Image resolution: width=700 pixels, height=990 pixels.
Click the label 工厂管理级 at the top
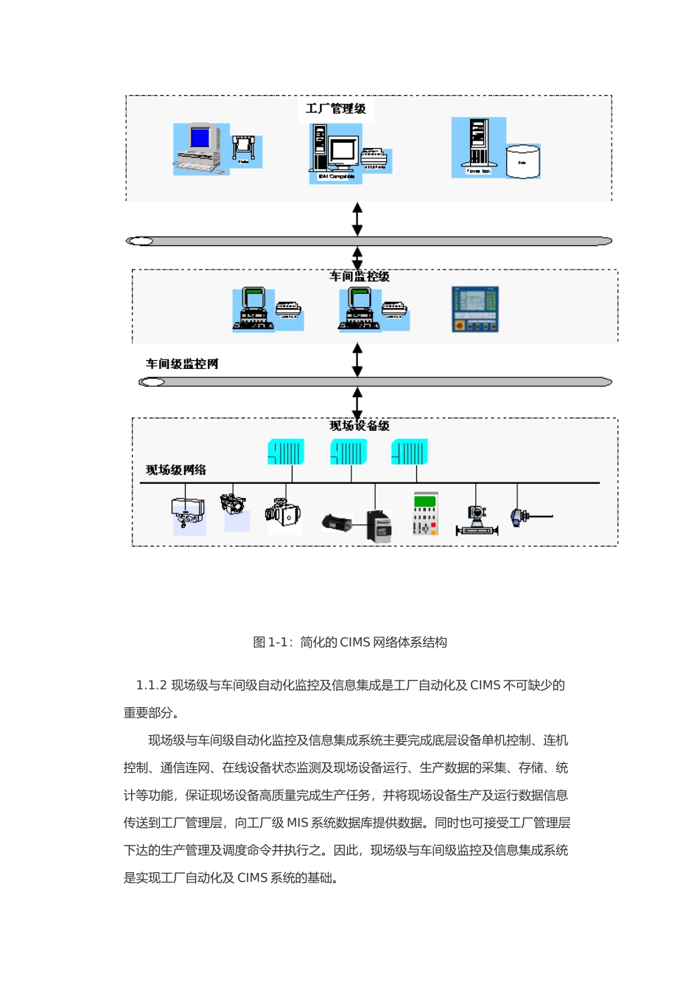(x=336, y=109)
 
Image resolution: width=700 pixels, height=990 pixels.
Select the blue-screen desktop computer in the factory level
(x=200, y=148)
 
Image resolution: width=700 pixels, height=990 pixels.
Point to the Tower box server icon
(x=478, y=147)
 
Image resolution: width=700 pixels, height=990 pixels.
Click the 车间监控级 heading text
(x=360, y=276)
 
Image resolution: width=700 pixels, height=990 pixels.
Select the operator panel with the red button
(x=475, y=309)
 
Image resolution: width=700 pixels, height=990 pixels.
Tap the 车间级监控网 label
(x=182, y=364)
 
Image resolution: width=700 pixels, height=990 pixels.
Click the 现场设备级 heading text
(x=360, y=426)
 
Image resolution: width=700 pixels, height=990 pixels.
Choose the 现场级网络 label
(x=176, y=470)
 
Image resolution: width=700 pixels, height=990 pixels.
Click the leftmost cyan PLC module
(x=286, y=452)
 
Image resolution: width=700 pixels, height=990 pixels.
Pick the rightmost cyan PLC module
(x=409, y=452)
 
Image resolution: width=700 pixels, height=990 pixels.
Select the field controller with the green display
(x=425, y=513)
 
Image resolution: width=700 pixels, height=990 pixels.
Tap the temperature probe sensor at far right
(x=529, y=516)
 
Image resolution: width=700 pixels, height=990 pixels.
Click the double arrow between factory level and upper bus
(x=357, y=219)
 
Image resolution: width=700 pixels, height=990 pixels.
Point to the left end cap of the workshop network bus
(x=152, y=382)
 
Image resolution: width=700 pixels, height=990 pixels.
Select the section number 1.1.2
(x=152, y=685)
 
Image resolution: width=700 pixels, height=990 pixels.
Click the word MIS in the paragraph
(x=298, y=823)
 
